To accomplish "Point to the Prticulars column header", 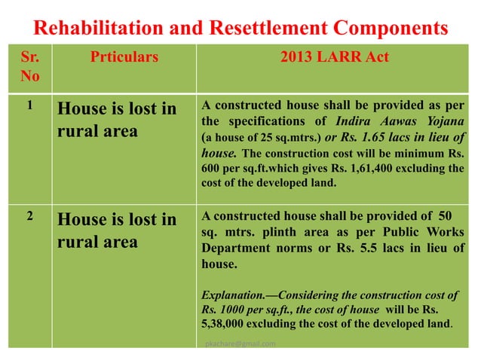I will pos(125,56).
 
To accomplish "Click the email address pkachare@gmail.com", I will pos(240,343).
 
